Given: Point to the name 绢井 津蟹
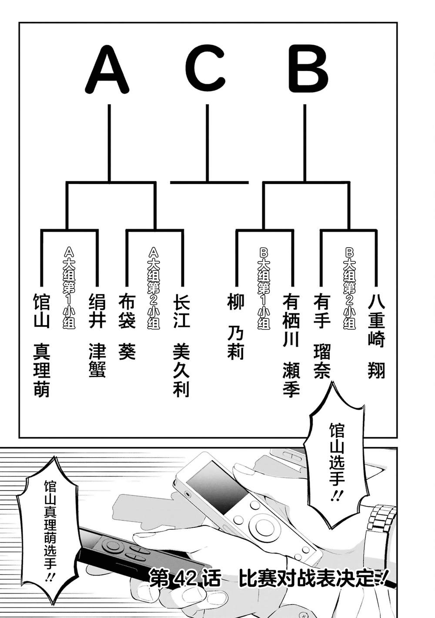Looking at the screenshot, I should tap(97, 335).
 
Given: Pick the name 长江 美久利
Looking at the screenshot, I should tap(181, 346).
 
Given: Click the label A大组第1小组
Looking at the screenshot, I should tap(69, 287).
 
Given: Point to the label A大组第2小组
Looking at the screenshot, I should tap(154, 287).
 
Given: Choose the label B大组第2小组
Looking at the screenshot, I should tap(349, 287).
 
